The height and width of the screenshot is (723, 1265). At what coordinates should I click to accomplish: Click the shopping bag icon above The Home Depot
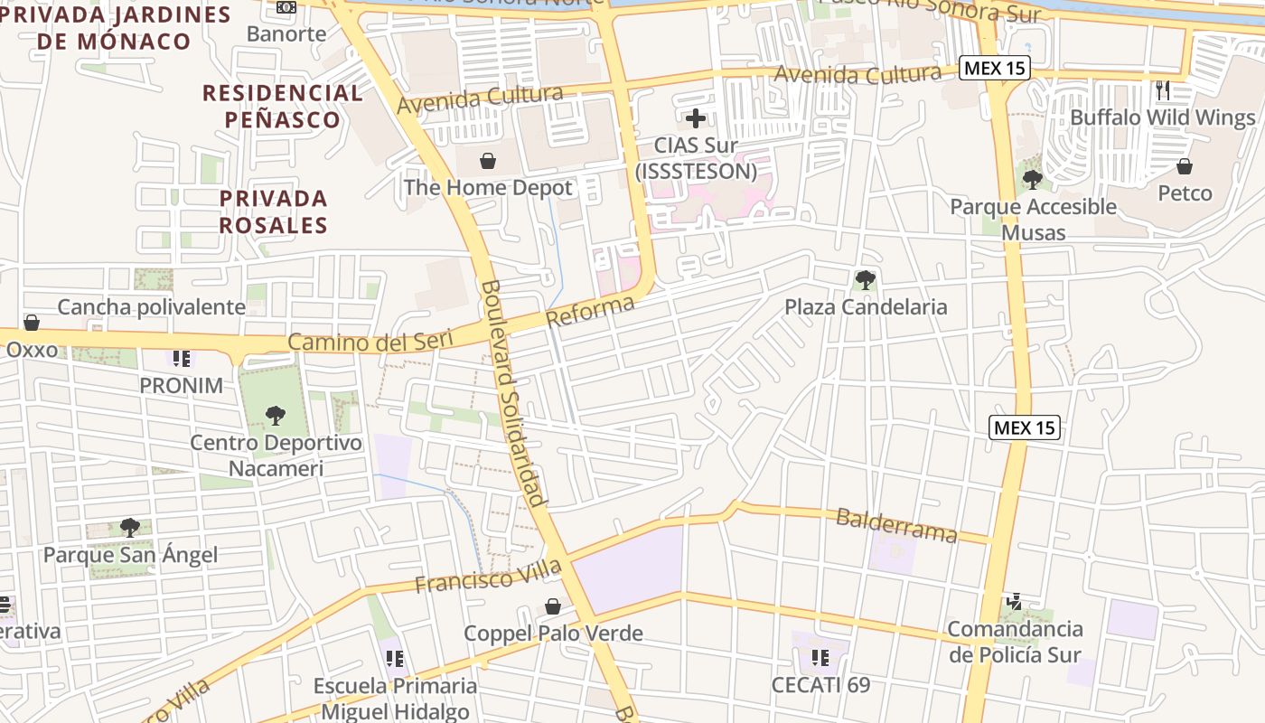(488, 162)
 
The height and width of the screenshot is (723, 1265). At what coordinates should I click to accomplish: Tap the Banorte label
(286, 34)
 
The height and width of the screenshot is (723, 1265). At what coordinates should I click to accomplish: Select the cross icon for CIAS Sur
(696, 118)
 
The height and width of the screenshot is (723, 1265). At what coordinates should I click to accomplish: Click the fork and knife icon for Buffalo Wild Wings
(1163, 90)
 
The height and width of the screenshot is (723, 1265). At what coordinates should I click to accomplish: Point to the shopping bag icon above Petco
(1185, 166)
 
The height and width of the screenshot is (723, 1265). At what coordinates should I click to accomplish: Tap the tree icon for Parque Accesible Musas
(1033, 180)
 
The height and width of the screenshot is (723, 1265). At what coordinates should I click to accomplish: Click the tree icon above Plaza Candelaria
(866, 280)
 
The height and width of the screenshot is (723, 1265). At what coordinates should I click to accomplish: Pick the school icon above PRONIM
(182, 359)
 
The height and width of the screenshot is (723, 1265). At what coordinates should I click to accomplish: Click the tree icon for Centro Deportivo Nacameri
(276, 416)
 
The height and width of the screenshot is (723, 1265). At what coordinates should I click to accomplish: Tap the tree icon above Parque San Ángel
(130, 528)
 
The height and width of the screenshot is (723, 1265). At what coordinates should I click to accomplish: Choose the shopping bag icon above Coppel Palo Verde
(553, 606)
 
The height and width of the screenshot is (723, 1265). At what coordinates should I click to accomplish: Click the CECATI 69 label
(820, 684)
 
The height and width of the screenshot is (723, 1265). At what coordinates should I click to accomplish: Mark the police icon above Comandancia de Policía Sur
(1015, 602)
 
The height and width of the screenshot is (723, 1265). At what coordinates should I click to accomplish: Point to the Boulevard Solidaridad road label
(513, 393)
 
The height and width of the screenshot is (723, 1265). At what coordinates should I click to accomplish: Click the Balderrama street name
(896, 525)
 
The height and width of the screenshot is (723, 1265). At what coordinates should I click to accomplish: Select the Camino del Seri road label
(380, 342)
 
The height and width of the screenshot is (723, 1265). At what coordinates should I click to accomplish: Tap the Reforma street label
(590, 313)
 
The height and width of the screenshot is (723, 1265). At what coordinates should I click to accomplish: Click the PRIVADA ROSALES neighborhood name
(273, 211)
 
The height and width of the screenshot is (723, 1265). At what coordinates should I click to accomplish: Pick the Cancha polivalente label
(151, 307)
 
